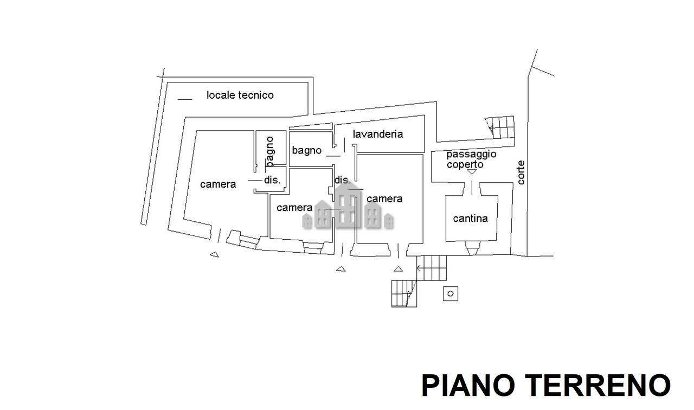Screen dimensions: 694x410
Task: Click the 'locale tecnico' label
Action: coord(240,95)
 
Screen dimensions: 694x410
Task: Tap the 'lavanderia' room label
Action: coord(378,134)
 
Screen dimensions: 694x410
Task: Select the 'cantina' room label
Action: coord(470,219)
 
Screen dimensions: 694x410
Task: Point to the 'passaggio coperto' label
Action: coord(472,159)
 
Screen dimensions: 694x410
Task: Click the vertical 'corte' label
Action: coord(521,172)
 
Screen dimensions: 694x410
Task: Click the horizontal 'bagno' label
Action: coord(307,151)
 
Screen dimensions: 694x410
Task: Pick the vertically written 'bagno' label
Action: coord(270,151)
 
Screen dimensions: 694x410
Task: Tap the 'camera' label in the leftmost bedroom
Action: coord(218,184)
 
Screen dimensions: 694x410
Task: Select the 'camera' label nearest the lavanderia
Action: coord(384,198)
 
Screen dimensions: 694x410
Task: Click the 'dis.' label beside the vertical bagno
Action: coord(272,180)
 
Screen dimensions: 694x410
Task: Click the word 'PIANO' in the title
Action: coord(469,385)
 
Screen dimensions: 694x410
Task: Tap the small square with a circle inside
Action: coord(451,293)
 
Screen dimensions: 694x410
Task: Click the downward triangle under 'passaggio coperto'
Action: coord(472,172)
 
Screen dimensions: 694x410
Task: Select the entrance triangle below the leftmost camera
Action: coord(214,255)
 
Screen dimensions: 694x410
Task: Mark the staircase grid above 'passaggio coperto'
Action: coord(500,127)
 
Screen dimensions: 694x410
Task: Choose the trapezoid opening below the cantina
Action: coord(472,248)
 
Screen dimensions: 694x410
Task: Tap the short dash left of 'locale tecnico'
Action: coord(185,99)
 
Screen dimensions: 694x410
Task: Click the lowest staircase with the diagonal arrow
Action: coord(404,293)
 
